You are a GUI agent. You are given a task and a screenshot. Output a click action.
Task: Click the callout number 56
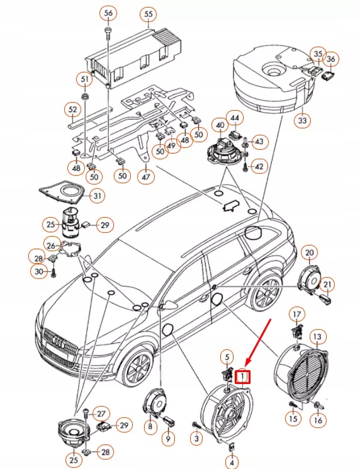108,13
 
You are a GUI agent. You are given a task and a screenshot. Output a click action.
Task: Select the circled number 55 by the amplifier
148,13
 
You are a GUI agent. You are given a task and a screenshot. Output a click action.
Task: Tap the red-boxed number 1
242,376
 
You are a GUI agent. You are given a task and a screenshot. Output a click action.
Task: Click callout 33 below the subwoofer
303,120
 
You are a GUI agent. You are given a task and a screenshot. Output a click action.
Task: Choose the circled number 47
146,178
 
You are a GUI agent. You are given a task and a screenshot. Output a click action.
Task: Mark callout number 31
98,196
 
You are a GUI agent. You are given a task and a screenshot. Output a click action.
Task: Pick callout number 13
317,337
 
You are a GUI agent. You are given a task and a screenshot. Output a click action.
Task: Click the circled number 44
233,118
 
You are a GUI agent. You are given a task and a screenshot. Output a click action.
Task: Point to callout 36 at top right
331,59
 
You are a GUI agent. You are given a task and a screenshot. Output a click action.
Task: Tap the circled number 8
149,427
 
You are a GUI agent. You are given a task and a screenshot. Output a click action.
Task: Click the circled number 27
100,413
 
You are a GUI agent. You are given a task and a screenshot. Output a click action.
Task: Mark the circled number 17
296,314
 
